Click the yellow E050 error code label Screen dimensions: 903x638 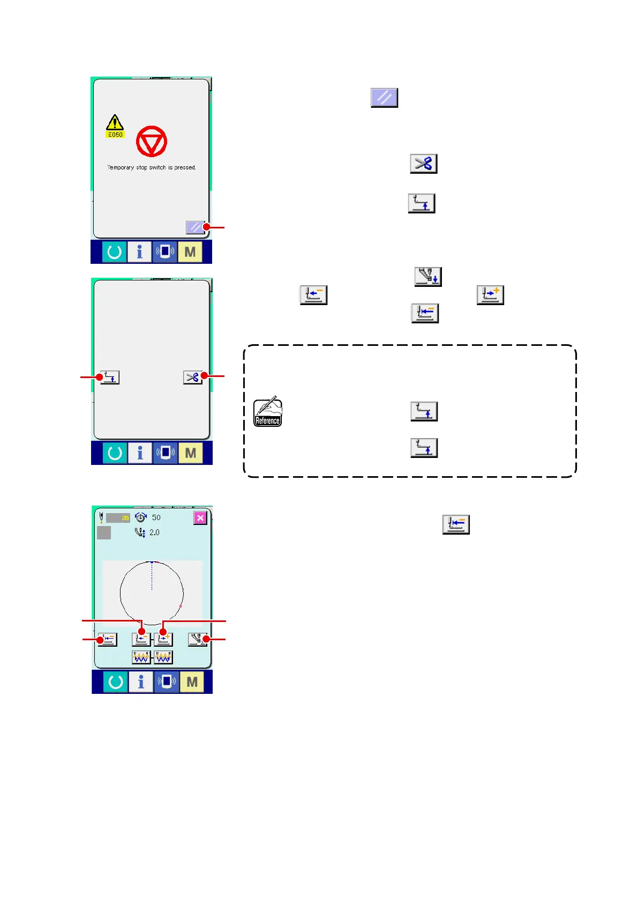pyautogui.click(x=115, y=135)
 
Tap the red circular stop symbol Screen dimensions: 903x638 pyautogui.click(x=152, y=142)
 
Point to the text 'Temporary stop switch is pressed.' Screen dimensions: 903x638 pyautogui.click(x=152, y=167)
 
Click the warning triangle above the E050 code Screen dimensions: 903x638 pyautogui.click(x=115, y=123)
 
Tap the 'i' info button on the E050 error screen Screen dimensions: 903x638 pyautogui.click(x=139, y=251)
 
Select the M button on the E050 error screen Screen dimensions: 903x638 pyautogui.click(x=190, y=251)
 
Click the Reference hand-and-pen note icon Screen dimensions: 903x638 pyautogui.click(x=267, y=413)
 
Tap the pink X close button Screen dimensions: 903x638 pyautogui.click(x=200, y=517)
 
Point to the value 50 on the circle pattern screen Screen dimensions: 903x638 pyautogui.click(x=156, y=517)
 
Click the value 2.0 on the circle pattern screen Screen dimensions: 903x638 pyautogui.click(x=154, y=532)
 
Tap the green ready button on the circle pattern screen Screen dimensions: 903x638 pyautogui.click(x=115, y=682)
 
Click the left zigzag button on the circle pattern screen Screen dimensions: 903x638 pyautogui.click(x=141, y=657)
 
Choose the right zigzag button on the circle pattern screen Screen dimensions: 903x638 pyautogui.click(x=163, y=657)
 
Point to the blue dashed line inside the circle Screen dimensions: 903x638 pyautogui.click(x=152, y=576)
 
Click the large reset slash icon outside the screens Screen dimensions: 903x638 pyautogui.click(x=384, y=98)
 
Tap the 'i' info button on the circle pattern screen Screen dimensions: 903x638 pyautogui.click(x=141, y=682)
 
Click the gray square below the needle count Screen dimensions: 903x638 pyautogui.click(x=104, y=532)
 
